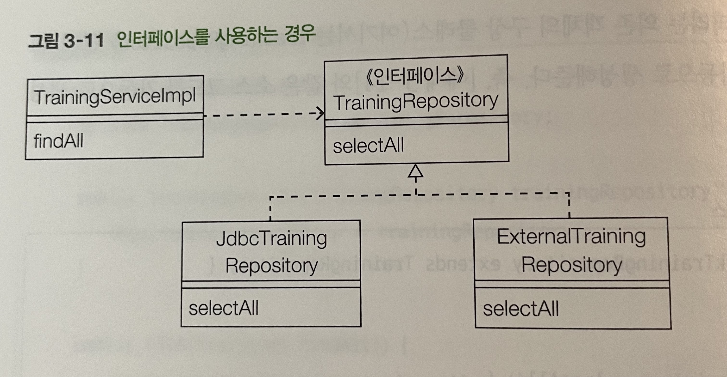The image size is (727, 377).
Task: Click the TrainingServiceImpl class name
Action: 115,97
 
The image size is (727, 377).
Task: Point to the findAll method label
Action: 58,141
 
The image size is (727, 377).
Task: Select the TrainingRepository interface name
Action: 416,102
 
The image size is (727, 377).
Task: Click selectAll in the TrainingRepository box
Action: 368,146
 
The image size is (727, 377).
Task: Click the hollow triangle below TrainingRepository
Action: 415,171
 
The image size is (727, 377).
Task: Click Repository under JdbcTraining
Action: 271,266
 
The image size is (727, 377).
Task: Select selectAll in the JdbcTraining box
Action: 224,308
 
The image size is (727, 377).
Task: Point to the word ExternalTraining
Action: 571,237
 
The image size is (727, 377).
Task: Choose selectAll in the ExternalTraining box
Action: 521,309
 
